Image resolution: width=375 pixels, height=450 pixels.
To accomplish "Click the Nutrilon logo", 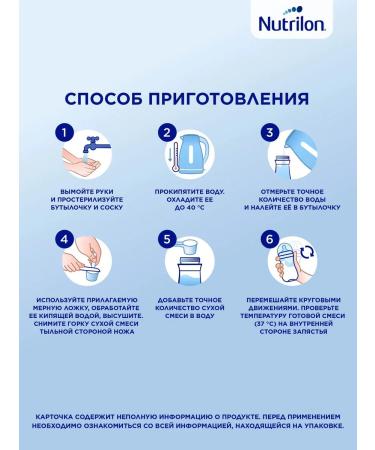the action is coord(291,21).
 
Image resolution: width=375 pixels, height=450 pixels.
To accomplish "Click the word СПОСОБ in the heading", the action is coord(103,99).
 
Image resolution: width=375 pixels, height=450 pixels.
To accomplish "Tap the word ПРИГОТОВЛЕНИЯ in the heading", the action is coord(228,99).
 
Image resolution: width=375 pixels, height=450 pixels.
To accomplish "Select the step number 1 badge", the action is coord(64,132).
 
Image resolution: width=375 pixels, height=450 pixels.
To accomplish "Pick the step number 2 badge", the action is coord(167,132).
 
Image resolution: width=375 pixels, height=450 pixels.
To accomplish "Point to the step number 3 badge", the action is coord(270,132).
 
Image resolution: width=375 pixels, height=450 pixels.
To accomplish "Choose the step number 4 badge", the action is coord(64,239).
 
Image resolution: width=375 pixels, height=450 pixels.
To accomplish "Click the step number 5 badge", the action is coord(167,239).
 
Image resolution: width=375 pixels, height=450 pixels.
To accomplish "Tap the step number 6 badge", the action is coord(270,239).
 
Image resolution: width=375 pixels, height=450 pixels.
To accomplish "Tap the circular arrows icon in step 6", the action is coord(307,252).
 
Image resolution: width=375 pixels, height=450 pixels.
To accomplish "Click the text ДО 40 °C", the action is coord(189,208).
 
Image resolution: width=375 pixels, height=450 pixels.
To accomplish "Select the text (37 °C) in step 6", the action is coord(266,324).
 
